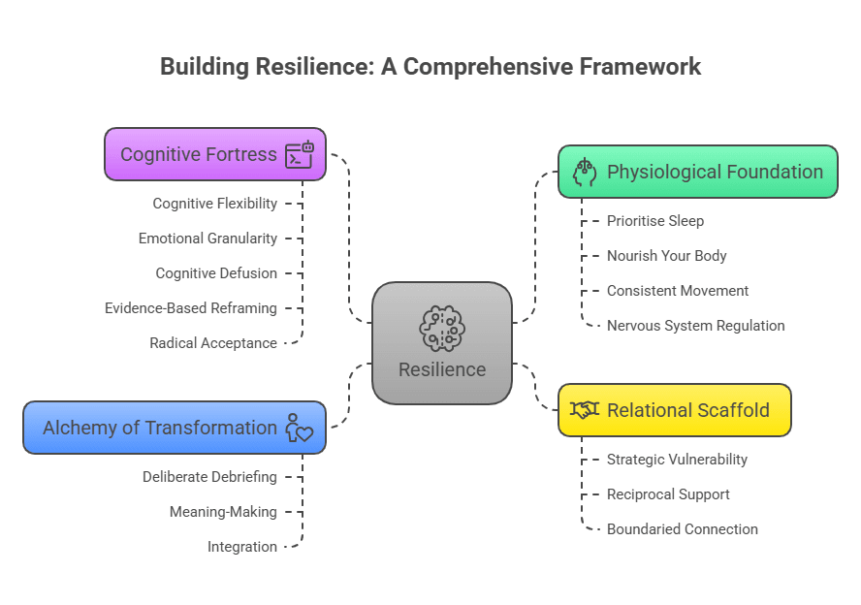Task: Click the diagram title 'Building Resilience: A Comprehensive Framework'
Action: click(430, 67)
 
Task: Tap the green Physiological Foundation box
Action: click(697, 172)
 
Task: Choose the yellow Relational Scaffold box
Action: click(674, 410)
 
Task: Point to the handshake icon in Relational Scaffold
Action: click(585, 410)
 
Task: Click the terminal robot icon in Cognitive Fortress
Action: click(300, 154)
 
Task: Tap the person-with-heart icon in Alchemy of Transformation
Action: click(299, 428)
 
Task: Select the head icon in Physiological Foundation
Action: click(585, 172)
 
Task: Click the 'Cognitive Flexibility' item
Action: click(214, 204)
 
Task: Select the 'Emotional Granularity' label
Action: click(207, 239)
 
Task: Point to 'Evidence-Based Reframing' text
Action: click(191, 308)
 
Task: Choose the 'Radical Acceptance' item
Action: click(213, 343)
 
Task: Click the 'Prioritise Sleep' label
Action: click(654, 221)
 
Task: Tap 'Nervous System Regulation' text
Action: click(695, 326)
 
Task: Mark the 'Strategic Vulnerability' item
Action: click(677, 460)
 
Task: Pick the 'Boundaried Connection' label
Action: click(682, 529)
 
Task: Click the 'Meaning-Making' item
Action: click(223, 512)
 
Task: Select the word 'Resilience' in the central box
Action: click(442, 369)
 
